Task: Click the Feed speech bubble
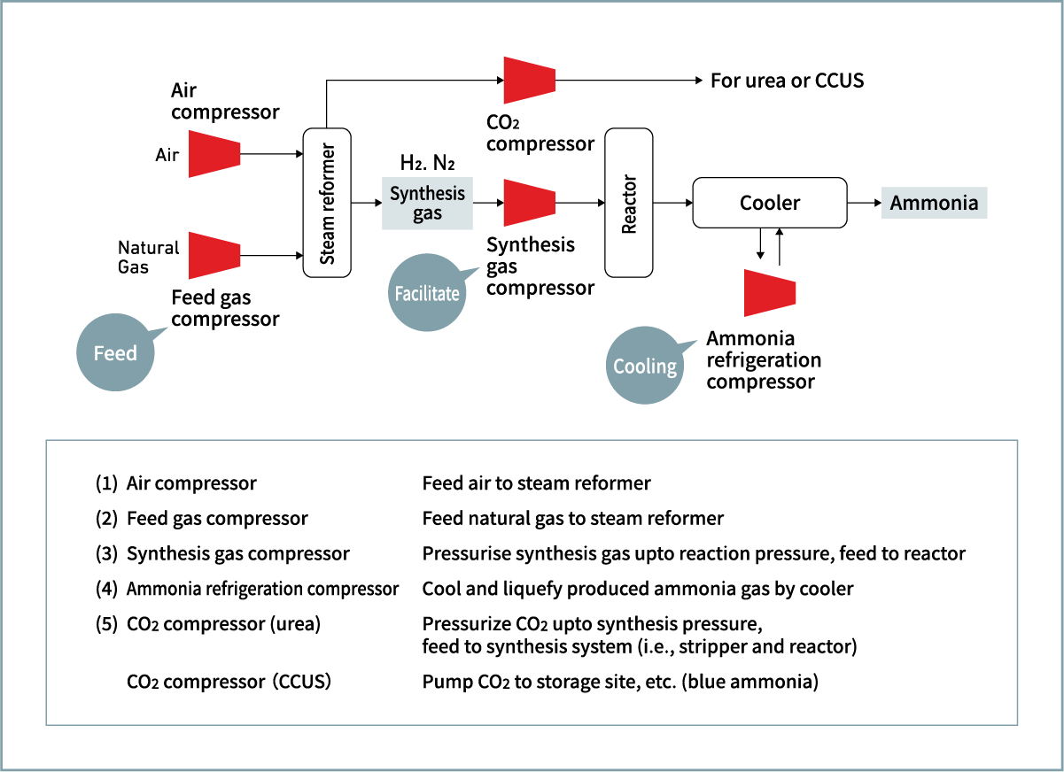click(x=115, y=352)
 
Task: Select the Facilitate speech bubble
click(x=427, y=293)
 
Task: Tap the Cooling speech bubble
click(x=644, y=366)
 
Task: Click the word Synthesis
click(x=427, y=193)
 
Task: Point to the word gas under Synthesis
click(x=427, y=213)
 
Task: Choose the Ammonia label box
click(x=934, y=203)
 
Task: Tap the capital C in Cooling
click(x=620, y=366)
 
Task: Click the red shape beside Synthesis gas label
click(x=529, y=203)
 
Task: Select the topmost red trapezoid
click(x=529, y=80)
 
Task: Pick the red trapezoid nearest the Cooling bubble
click(x=770, y=292)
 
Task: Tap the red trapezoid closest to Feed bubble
click(x=214, y=255)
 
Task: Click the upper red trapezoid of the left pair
click(x=214, y=153)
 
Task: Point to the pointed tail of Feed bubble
click(x=164, y=329)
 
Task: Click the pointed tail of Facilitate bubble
click(x=476, y=269)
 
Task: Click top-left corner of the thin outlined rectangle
click(x=46, y=440)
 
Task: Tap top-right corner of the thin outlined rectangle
click(x=1018, y=440)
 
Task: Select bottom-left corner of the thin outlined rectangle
click(x=46, y=724)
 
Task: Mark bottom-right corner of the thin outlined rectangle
click(x=1018, y=724)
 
